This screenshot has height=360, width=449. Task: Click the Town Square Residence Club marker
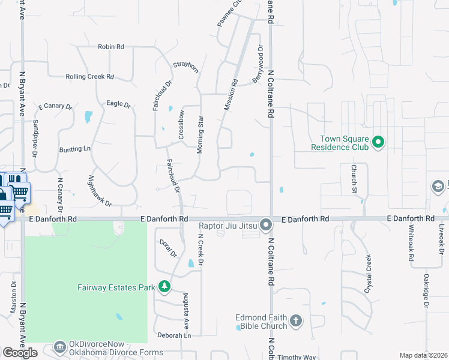pos(378,142)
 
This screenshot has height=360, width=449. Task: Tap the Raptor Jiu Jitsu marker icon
pos(267,226)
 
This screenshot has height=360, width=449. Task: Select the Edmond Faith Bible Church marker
pos(296,321)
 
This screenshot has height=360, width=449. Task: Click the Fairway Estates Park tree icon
pos(164,287)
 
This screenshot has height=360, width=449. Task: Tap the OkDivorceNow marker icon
pos(59,347)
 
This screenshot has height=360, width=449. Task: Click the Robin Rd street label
pos(110,46)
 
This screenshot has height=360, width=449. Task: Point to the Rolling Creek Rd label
pos(89,77)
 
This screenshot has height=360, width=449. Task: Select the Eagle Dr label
pos(118,104)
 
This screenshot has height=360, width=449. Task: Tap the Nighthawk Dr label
pos(100,191)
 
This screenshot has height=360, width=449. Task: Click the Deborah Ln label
pos(174,335)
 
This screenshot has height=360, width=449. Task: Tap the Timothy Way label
pos(298,357)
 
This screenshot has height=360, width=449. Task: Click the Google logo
pos(19,353)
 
